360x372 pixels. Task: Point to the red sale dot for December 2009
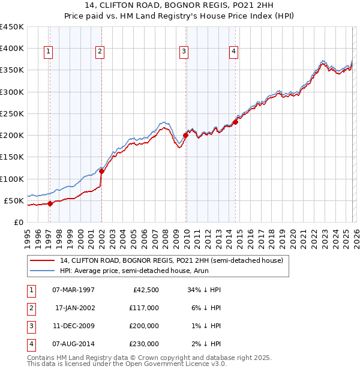click(185, 135)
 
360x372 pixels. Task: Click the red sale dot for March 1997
click(50, 203)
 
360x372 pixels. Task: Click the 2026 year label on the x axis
click(355, 235)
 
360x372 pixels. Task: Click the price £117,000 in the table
click(145, 308)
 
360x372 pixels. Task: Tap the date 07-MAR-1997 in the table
click(73, 290)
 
